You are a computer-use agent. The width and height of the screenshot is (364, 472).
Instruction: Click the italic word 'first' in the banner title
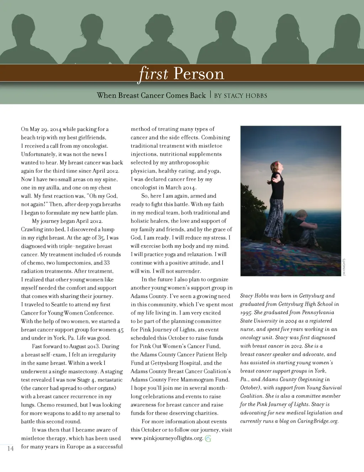pos(153,74)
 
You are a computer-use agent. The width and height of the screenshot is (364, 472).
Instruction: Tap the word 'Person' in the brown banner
pos(199,74)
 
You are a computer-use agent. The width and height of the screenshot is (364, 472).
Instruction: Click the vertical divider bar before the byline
pos(210,95)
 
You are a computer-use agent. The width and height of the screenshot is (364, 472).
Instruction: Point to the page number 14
pos(11,449)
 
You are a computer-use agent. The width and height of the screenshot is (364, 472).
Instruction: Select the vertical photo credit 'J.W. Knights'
pos(344,267)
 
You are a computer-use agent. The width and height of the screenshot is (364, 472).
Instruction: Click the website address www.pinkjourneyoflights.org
pos(167,438)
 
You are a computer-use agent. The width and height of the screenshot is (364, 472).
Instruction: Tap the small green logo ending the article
pos(208,439)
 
